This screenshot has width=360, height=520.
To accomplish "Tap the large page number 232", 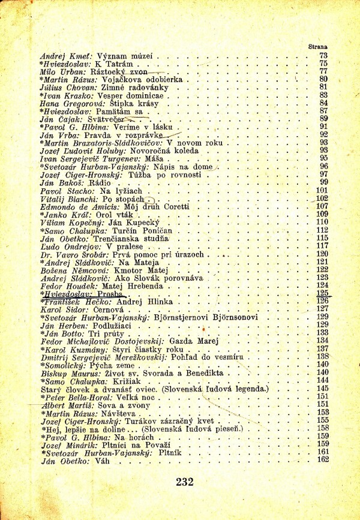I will [185, 481].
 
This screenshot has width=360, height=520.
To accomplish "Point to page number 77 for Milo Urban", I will [323, 71].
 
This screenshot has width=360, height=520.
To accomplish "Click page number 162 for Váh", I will [323, 459].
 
